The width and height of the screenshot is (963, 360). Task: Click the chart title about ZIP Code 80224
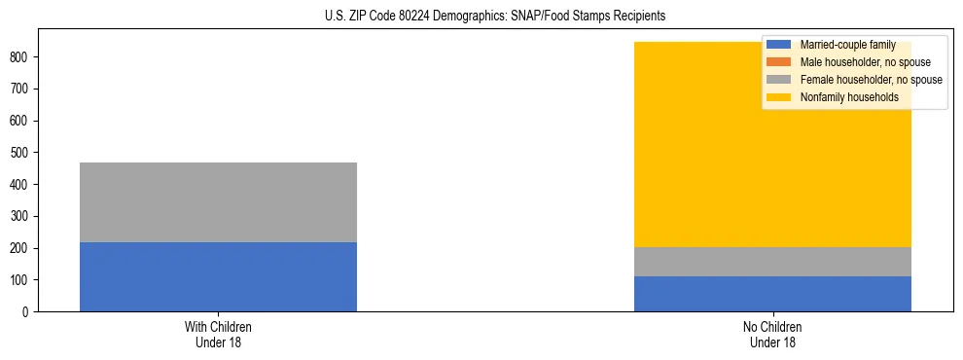tap(481, 17)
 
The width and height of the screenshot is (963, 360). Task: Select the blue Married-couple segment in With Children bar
tap(218, 276)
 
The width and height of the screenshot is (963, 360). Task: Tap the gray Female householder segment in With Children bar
tap(218, 202)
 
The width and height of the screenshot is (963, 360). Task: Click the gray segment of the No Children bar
tap(772, 262)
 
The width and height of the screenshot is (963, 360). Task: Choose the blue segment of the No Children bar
tap(772, 294)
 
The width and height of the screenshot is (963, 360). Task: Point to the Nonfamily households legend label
tap(842, 97)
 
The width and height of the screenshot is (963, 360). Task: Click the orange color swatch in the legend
tap(779, 62)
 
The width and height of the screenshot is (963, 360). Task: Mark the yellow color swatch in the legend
tap(779, 97)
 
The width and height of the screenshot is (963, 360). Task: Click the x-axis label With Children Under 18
tap(218, 335)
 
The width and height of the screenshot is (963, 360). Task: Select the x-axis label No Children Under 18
tap(772, 335)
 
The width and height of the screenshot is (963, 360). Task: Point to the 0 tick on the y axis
tap(30, 312)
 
